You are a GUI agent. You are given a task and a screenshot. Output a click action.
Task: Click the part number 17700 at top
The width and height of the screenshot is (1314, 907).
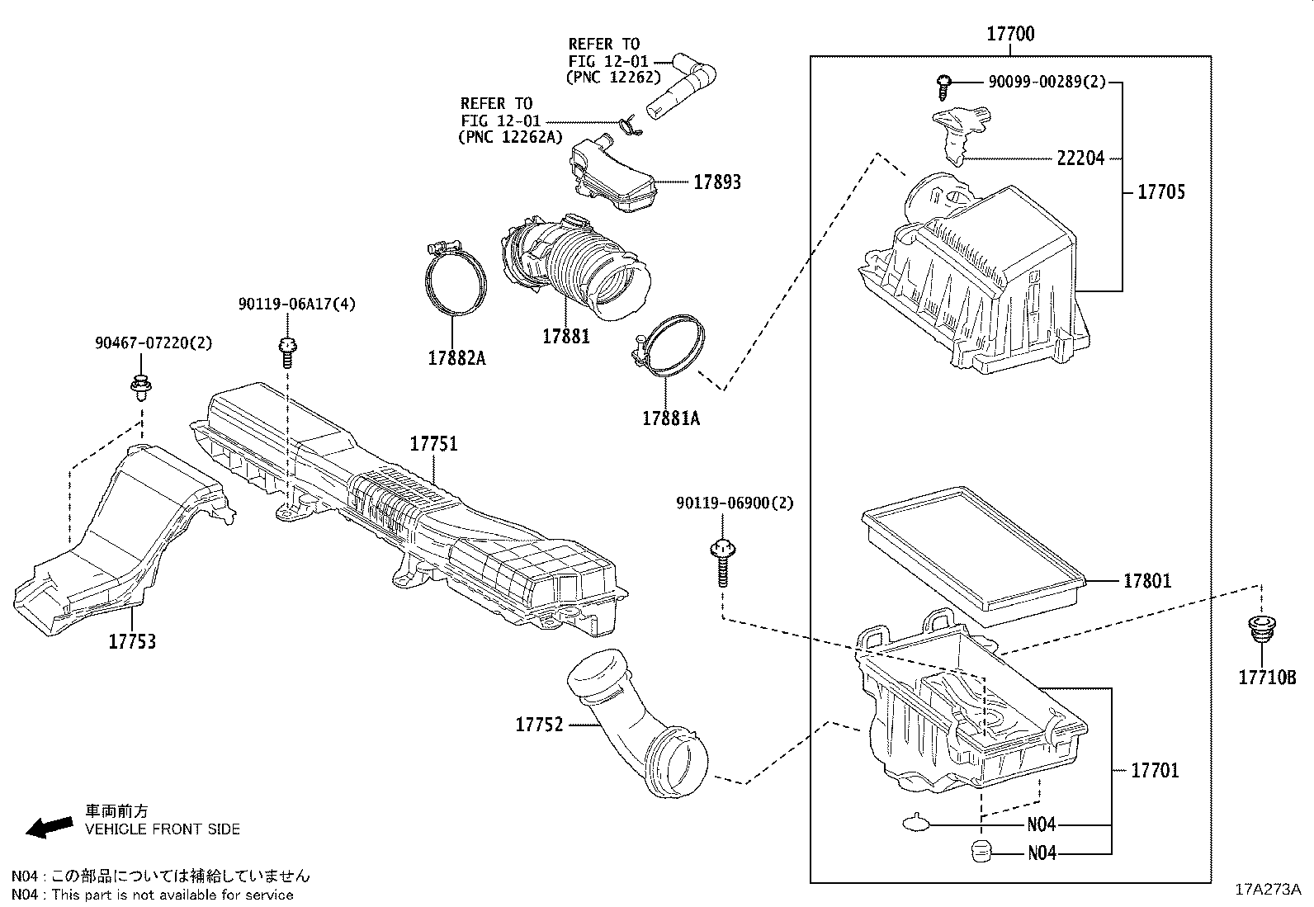click(1010, 34)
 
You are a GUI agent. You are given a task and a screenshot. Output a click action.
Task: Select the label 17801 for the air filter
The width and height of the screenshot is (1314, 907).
click(1146, 581)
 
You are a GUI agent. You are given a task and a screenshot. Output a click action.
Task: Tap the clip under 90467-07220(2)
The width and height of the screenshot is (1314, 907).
click(141, 386)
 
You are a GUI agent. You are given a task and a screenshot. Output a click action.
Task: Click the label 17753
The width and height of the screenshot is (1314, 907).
click(132, 641)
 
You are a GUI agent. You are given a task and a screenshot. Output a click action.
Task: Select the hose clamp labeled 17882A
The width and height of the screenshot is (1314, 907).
click(455, 281)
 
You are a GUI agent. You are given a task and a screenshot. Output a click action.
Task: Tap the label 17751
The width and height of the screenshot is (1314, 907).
click(434, 444)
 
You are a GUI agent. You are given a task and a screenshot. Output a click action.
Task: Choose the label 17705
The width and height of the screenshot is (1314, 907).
click(1160, 191)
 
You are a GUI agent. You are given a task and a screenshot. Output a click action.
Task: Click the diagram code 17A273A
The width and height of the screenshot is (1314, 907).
click(1268, 890)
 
